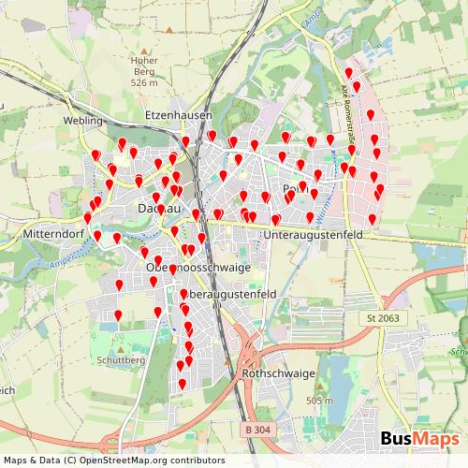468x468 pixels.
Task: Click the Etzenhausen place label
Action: click(x=179, y=115)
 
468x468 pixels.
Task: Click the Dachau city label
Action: click(x=157, y=208)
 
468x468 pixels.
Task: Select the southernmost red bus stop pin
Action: click(x=183, y=384)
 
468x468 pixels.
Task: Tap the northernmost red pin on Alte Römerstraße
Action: click(x=348, y=74)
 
